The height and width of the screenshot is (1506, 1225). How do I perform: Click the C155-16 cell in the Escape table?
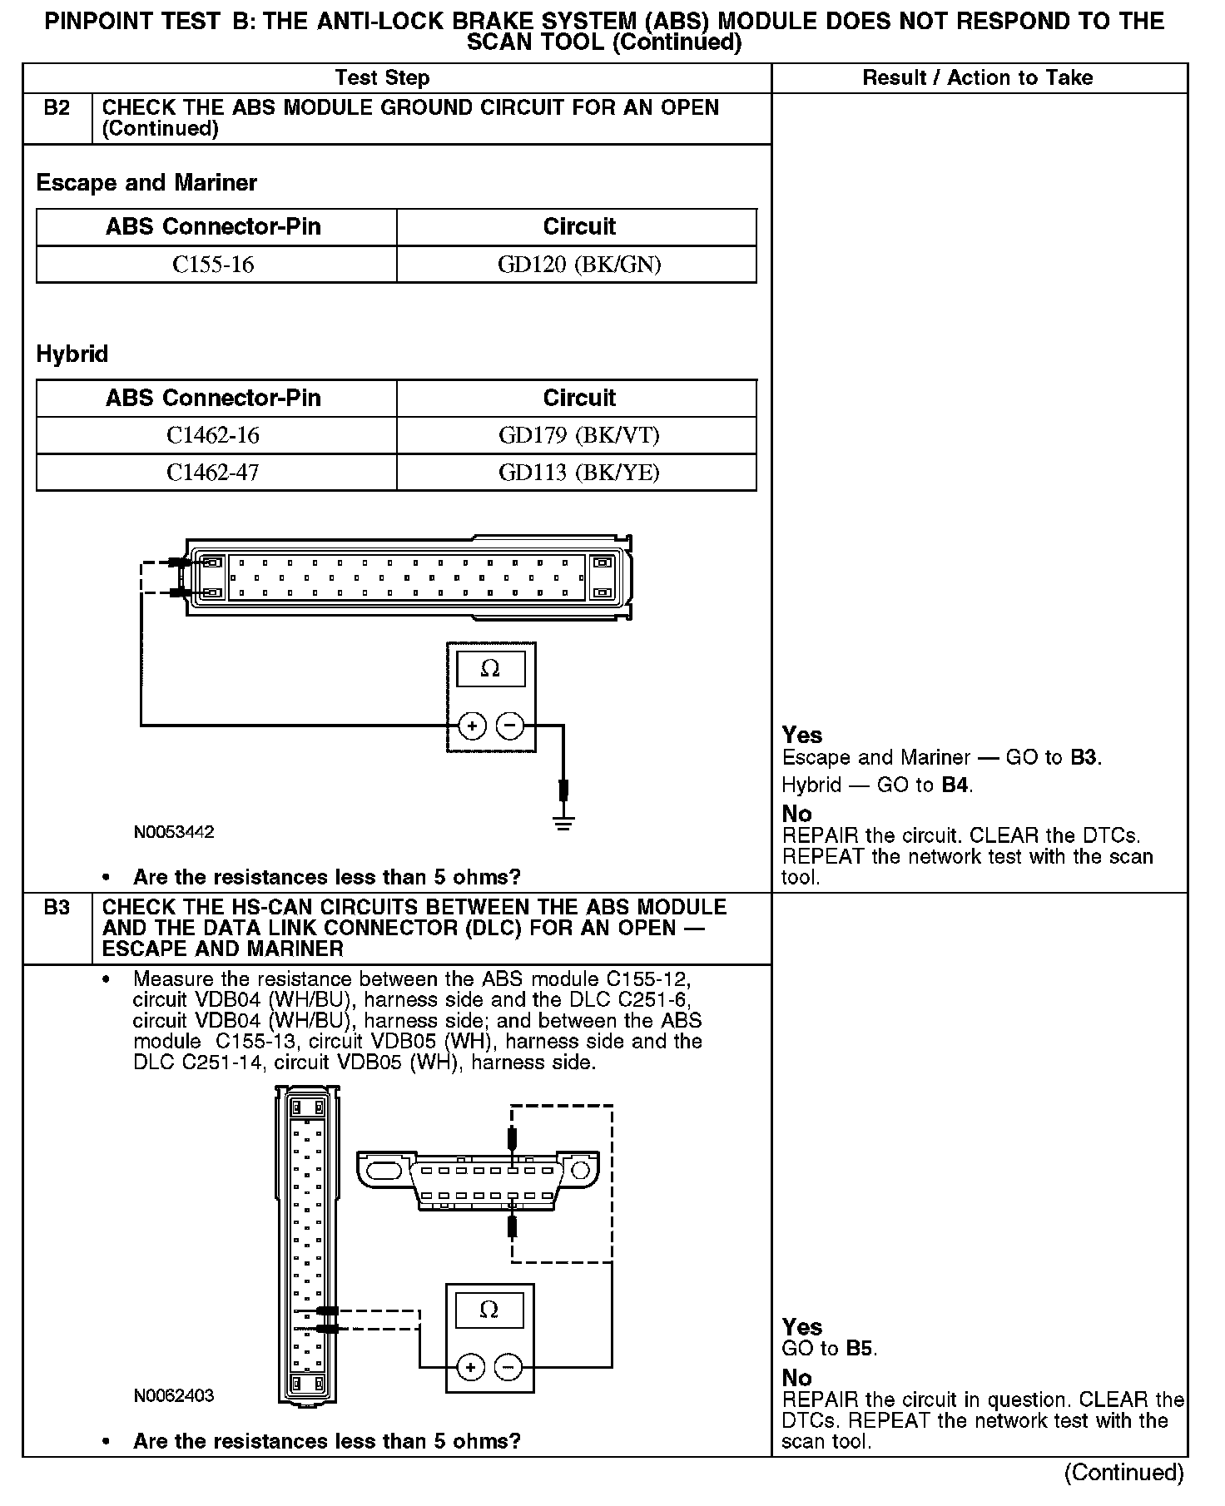pyautogui.click(x=213, y=265)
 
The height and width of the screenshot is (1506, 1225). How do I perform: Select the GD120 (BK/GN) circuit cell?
pyautogui.click(x=579, y=265)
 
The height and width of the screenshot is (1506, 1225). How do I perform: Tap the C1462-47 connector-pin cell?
pyautogui.click(x=213, y=473)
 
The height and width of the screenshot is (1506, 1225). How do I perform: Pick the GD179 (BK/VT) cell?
pyautogui.click(x=579, y=435)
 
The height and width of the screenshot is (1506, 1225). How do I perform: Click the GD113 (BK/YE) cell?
pyautogui.click(x=579, y=473)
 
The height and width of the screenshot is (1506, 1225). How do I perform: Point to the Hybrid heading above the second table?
pyautogui.click(x=72, y=354)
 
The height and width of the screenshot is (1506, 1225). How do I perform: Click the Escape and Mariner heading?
pyautogui.click(x=146, y=183)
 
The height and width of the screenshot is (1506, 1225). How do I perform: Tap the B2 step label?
pyautogui.click(x=57, y=108)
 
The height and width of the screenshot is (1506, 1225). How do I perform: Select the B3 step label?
pyautogui.click(x=57, y=907)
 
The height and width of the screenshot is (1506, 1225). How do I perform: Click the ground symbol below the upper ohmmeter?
pyautogui.click(x=563, y=823)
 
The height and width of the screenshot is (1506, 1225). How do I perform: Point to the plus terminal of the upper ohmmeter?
pyautogui.click(x=472, y=726)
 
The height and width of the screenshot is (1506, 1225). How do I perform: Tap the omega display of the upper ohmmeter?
pyautogui.click(x=490, y=669)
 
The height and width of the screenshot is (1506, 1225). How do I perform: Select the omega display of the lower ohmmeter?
pyautogui.click(x=489, y=1310)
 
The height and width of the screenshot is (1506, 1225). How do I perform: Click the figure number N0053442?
pyautogui.click(x=174, y=832)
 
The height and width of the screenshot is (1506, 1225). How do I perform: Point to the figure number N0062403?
pyautogui.click(x=174, y=1395)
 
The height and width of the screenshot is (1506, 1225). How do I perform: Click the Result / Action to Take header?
pyautogui.click(x=978, y=78)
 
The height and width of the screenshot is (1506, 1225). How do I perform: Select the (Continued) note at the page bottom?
pyautogui.click(x=1123, y=1473)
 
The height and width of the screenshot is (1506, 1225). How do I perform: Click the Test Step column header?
pyautogui.click(x=382, y=78)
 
